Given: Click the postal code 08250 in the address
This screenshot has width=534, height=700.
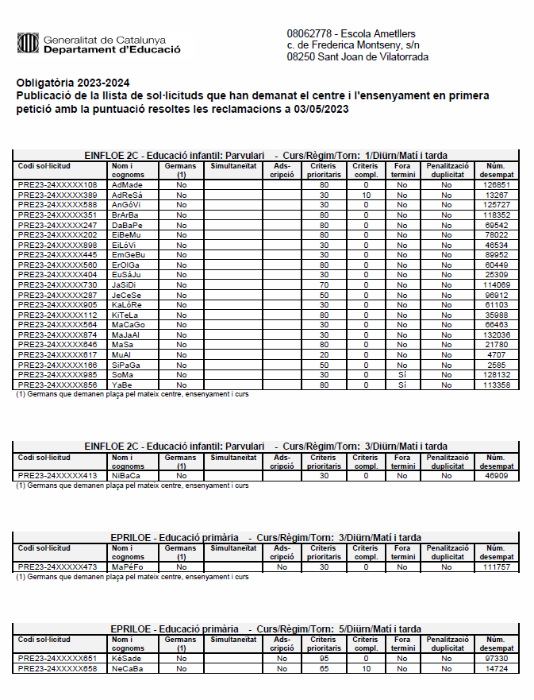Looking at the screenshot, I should [302, 57].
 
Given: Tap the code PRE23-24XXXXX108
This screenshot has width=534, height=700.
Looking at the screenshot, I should [57, 185].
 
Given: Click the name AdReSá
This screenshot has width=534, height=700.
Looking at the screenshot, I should [127, 195].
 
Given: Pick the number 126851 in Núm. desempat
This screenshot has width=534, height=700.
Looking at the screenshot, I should [496, 185].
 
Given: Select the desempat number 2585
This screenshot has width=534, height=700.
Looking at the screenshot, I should [496, 365].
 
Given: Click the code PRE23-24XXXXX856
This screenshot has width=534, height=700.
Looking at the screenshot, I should [57, 385].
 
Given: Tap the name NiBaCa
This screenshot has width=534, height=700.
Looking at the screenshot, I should [126, 476].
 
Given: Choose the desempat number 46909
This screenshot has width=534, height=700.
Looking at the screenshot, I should [496, 476].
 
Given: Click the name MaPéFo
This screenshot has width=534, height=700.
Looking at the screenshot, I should [127, 567].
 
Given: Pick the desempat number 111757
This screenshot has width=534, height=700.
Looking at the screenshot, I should [496, 567].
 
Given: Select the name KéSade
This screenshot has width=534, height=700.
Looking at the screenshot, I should [127, 659].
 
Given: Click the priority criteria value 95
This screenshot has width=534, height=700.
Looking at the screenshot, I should [324, 659].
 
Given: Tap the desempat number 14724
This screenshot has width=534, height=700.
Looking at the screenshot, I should [496, 669].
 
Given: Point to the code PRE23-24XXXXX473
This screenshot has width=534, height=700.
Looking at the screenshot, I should [57, 567].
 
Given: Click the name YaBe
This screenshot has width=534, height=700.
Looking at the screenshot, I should [121, 385].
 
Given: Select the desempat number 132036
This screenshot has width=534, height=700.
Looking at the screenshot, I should [496, 335].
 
